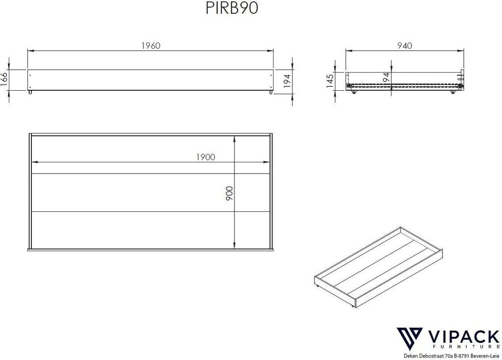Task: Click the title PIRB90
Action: [232, 9]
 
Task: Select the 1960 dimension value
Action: [151, 46]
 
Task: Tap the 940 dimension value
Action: [404, 46]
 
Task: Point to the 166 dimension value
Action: [4, 79]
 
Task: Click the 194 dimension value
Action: [287, 81]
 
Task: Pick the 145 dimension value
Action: [330, 81]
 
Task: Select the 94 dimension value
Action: [386, 77]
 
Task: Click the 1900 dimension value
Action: [205, 157]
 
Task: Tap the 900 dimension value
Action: [229, 193]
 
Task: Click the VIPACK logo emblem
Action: [409, 339]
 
